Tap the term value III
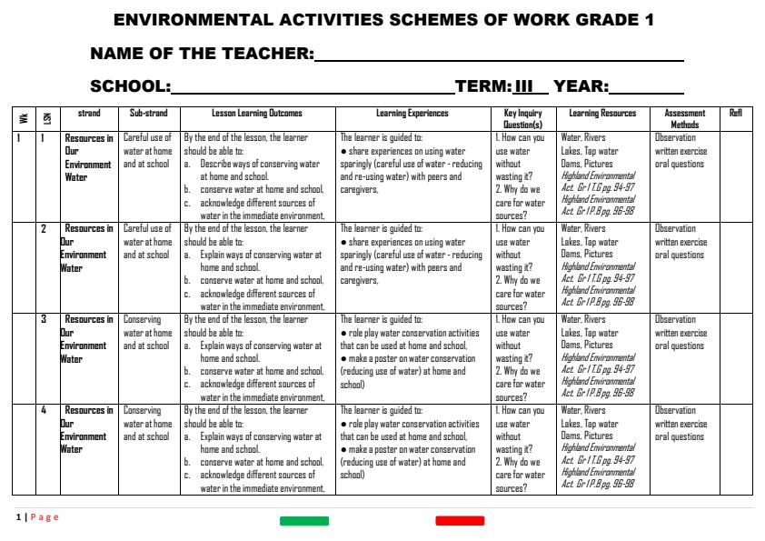523,88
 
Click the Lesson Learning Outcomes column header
257,114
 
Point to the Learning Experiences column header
412,114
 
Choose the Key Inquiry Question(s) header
523,119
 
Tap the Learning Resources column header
602,114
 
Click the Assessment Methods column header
684,119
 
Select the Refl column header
736,114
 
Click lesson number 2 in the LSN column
44,229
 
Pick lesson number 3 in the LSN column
44,320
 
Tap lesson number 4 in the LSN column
44,411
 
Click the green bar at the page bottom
304,521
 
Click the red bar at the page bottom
460,521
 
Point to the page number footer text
37,517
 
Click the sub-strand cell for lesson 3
148,333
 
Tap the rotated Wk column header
23,119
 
